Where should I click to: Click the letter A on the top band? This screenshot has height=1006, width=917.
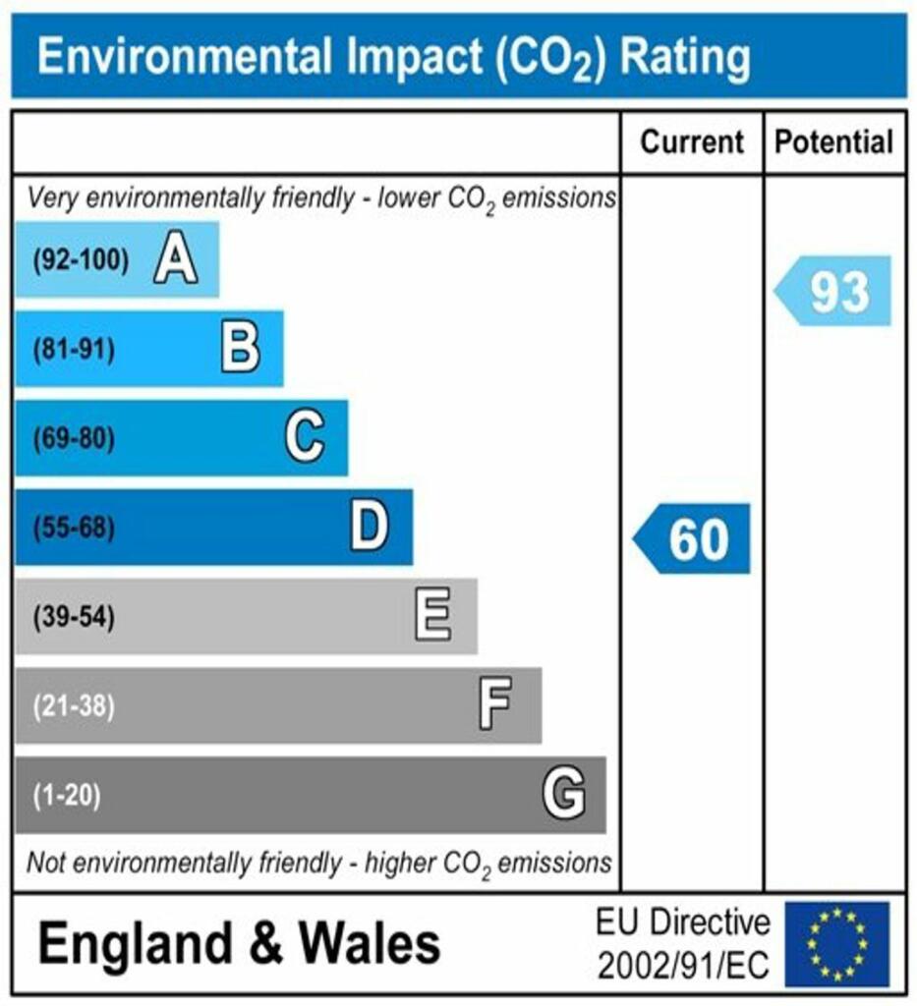click(176, 261)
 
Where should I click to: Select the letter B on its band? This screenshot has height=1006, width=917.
click(241, 349)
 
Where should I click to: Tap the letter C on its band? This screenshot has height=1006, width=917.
click(305, 438)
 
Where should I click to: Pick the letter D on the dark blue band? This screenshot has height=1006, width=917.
click(370, 528)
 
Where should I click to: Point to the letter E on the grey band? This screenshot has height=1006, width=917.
click(432, 617)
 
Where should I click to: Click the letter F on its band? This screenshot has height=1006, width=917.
click(494, 705)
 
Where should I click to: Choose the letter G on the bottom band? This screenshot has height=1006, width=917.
click(564, 794)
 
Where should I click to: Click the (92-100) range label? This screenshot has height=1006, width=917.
click(81, 261)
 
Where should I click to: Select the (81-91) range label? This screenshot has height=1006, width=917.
click(74, 350)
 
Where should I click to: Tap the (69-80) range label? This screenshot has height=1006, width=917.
click(74, 439)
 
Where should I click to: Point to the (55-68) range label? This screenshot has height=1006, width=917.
click(74, 529)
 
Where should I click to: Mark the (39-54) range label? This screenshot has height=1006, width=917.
click(74, 618)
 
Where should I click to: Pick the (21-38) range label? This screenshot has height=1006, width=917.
click(74, 706)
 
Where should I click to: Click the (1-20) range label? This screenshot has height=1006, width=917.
click(68, 795)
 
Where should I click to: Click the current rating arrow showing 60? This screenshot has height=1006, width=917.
click(692, 539)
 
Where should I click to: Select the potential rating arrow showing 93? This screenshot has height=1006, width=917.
click(833, 292)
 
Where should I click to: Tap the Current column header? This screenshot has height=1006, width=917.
click(692, 142)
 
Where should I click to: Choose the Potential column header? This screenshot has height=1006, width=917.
click(834, 142)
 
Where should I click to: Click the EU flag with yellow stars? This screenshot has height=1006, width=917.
click(835, 944)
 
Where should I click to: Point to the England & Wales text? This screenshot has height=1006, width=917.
click(239, 944)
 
